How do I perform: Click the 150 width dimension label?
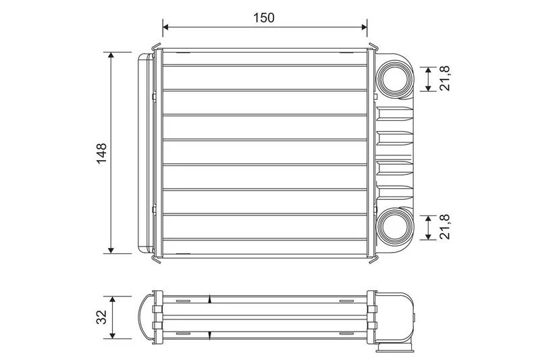[x=264, y=18]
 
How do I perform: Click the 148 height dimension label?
[x=102, y=153]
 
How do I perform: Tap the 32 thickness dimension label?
[x=102, y=317]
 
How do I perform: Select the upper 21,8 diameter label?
[x=446, y=79]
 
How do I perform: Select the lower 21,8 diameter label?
[x=446, y=227]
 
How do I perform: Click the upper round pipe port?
[x=394, y=79]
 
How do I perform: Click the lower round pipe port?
[x=394, y=226]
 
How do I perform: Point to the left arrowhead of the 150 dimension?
[x=165, y=27]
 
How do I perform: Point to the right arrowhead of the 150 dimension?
[x=364, y=27]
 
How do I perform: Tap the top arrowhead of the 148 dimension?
[x=111, y=55]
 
